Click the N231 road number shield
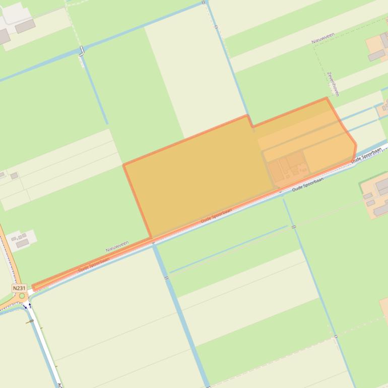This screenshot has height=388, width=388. [x=19, y=288]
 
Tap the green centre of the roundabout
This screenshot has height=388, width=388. [x=22, y=296]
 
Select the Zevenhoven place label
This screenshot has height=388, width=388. [x=333, y=83]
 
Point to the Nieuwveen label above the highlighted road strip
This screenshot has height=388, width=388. [x=117, y=246]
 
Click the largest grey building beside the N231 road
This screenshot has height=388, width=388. [x=23, y=243]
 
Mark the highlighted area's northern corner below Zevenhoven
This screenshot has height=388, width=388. [x=327, y=98]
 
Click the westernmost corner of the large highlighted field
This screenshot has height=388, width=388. [x=124, y=165]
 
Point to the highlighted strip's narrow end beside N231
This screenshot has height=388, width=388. [x=34, y=288]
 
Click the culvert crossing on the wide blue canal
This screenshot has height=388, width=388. [x=166, y=278]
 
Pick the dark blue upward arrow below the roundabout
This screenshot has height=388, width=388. [x=30, y=305]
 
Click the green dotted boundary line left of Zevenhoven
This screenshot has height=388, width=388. [x=315, y=60]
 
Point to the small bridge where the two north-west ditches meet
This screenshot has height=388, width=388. [x=82, y=51]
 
